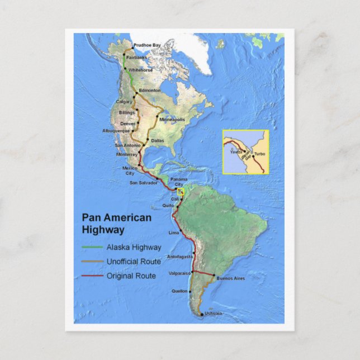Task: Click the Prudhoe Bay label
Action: (x=147, y=45)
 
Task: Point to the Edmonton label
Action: (x=150, y=90)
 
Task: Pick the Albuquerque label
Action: (x=116, y=130)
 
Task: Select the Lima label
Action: (x=174, y=233)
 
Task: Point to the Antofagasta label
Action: (x=180, y=257)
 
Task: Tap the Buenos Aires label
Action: (x=230, y=278)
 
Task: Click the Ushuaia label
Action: (x=214, y=314)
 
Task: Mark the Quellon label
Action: (x=180, y=291)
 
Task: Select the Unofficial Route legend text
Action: (x=134, y=261)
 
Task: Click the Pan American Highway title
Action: (x=116, y=223)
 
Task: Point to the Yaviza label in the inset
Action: (x=236, y=152)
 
